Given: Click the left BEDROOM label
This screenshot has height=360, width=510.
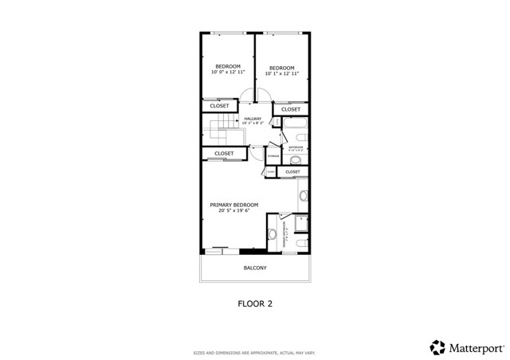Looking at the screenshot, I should pyautogui.click(x=227, y=65).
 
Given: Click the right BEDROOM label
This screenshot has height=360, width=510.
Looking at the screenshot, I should pyautogui.click(x=281, y=68).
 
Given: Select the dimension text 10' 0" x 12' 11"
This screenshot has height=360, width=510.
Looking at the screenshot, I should pyautogui.click(x=227, y=72).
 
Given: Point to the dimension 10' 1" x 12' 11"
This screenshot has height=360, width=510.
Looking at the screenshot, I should pyautogui.click(x=281, y=75).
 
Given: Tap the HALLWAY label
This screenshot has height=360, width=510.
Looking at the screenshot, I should pyautogui.click(x=253, y=119).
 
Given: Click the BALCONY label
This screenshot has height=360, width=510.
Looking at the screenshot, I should pyautogui.click(x=255, y=268).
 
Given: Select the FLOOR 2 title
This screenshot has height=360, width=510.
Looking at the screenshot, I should pyautogui.click(x=255, y=303).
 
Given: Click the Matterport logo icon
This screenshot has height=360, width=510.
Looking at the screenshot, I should pyautogui.click(x=437, y=347).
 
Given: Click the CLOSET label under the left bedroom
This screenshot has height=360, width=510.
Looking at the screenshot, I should pyautogui.click(x=219, y=106).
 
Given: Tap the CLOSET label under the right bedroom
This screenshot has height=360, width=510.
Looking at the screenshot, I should pyautogui.click(x=291, y=109).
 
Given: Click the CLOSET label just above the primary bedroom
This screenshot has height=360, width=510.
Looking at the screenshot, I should pyautogui.click(x=223, y=153).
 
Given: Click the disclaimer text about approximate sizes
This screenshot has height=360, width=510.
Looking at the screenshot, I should pyautogui.click(x=255, y=352).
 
